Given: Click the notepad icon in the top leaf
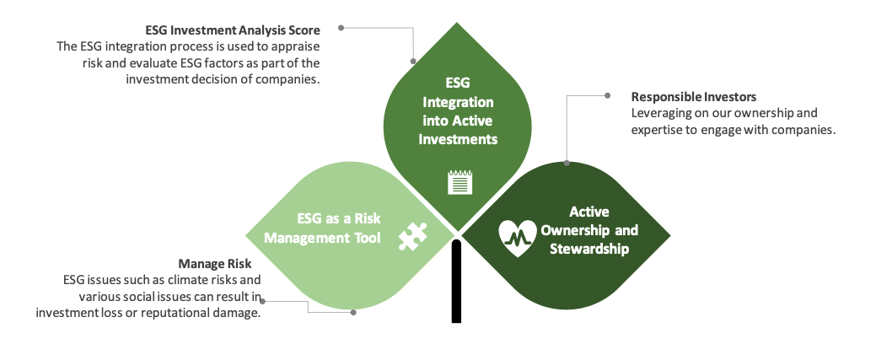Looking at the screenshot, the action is tap(459, 182).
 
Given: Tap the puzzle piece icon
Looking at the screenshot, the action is tap(413, 236).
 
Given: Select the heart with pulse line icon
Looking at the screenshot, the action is tap(518, 238).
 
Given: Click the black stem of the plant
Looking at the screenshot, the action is tap(456, 282).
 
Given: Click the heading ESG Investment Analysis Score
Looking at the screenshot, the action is tap(233, 30).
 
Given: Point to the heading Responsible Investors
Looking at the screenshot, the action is tap(694, 97).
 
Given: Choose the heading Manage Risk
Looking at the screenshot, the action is tap(215, 263).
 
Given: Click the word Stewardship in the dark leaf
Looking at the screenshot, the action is tap(589, 249).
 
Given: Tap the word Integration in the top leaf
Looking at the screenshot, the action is tap(458, 102).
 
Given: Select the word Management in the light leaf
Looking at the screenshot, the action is tap(300, 238).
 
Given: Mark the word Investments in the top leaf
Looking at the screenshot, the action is tap(458, 139).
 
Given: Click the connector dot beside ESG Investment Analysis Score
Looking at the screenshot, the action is tap(341, 27).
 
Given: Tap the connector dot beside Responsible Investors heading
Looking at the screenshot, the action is tap(608, 95).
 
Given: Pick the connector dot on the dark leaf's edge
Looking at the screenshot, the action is tap(567, 164).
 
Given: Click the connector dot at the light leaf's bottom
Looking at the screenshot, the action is tap(353, 313).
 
